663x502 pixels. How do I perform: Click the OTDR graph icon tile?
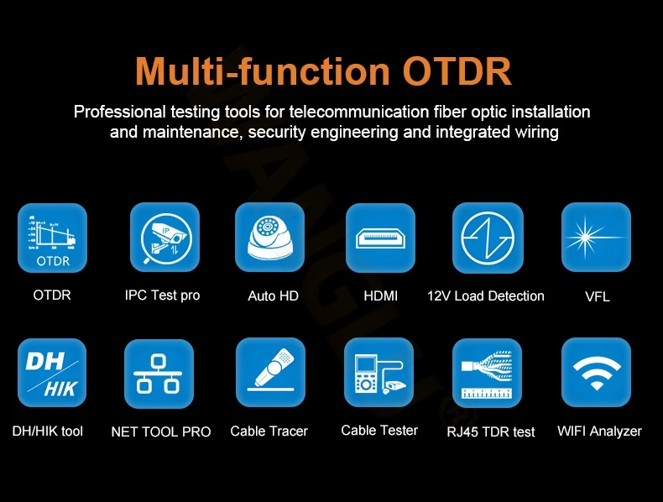point(52,238)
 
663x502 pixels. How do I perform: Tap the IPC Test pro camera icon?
point(164,238)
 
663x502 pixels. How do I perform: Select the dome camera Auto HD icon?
point(269,238)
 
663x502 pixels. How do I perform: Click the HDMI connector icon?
point(380,238)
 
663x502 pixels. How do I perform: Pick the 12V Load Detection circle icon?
point(488,238)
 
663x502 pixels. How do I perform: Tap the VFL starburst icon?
point(596,238)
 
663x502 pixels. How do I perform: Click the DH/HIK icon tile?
point(52,373)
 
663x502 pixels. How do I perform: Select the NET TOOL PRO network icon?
point(159,374)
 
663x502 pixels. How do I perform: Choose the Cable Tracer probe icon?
point(270,372)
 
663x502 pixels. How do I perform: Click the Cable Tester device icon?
point(378,372)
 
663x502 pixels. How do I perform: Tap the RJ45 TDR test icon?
point(487,373)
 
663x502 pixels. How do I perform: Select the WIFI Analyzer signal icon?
point(596,372)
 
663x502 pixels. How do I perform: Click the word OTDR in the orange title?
point(457,71)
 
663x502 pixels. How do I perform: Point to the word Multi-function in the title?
point(262,71)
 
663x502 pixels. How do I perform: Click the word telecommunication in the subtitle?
point(359,112)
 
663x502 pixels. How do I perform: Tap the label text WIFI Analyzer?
point(599,431)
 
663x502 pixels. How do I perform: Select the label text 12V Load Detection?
point(486,296)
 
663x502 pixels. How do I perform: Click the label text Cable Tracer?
point(269,431)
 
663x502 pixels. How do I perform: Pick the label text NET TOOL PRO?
point(160,431)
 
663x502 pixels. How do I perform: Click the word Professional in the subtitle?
point(120,112)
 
